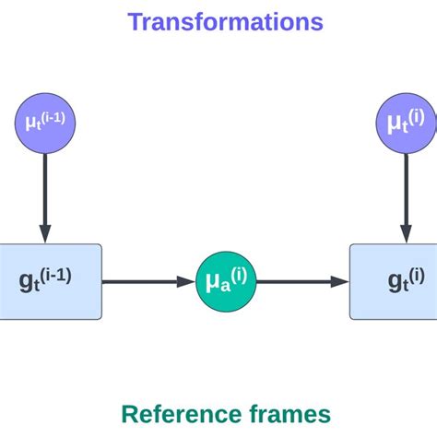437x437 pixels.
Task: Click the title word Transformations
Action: pyautogui.click(x=225, y=20)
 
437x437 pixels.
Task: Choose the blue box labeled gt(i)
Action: pyautogui.click(x=393, y=280)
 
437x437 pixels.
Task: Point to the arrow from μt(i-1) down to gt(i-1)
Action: pyautogui.click(x=44, y=194)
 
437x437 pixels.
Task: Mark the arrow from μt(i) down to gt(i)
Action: pyautogui.click(x=404, y=194)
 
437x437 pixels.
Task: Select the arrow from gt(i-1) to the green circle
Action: pyautogui.click(x=148, y=280)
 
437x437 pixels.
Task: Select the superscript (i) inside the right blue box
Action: pyautogui.click(x=417, y=274)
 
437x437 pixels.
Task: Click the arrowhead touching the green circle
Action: pyautogui.click(x=187, y=280)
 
